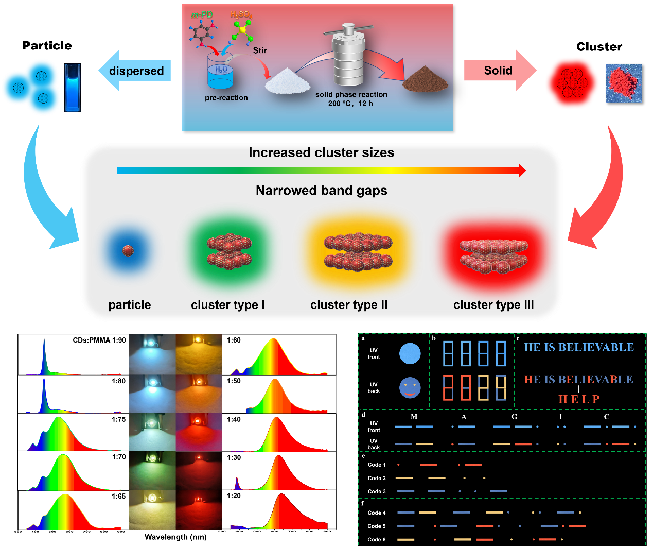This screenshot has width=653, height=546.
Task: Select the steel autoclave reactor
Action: coord(348,57)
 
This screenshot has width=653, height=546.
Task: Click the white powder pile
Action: coord(287,82)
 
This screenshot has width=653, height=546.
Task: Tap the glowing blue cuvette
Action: coord(73,88)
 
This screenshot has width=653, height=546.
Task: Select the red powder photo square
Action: coord(624,83)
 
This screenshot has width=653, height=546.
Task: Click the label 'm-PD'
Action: coord(202,15)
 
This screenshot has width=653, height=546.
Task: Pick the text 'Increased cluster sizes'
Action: coord(321,153)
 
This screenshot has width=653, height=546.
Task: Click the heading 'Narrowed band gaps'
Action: coord(321,191)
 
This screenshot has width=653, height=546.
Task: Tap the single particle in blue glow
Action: coord(128,251)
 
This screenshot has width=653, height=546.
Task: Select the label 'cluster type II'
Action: coord(349,305)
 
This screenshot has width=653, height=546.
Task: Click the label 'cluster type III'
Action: coord(493,305)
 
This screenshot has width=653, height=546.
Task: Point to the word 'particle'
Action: coord(130,305)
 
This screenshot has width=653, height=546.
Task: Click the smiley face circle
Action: coord(410,388)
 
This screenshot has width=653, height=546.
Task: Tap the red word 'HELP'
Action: coord(579,399)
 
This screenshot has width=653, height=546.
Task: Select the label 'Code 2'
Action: coord(377,478)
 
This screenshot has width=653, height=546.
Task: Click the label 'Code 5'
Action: coord(377,526)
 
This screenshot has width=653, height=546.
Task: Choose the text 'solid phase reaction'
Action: coord(351,95)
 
